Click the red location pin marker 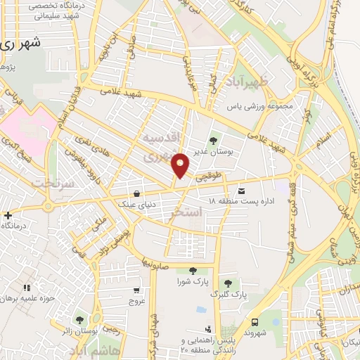click(x=181, y=165)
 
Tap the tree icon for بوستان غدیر click(x=213, y=141)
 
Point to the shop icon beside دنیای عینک click(x=136, y=193)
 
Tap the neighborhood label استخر click(x=186, y=211)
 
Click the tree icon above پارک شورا click(x=191, y=271)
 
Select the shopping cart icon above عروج click(x=136, y=290)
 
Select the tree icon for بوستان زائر click(x=79, y=319)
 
